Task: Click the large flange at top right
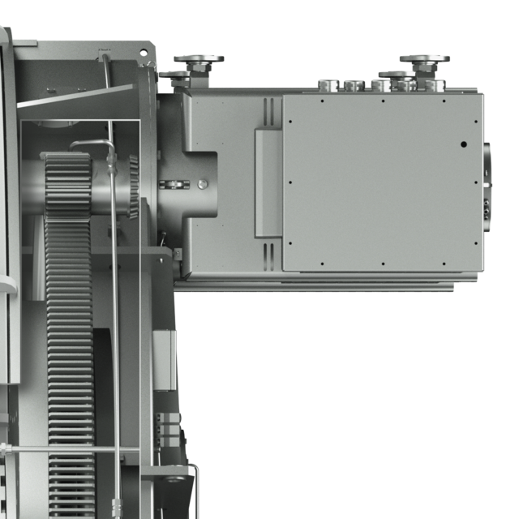(424, 60)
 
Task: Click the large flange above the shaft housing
(198, 60)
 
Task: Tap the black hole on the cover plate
(463, 145)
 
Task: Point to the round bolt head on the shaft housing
(201, 185)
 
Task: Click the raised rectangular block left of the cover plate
(268, 182)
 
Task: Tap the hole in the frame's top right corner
(144, 52)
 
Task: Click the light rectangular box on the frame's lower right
(163, 353)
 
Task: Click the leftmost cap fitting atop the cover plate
(328, 84)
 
